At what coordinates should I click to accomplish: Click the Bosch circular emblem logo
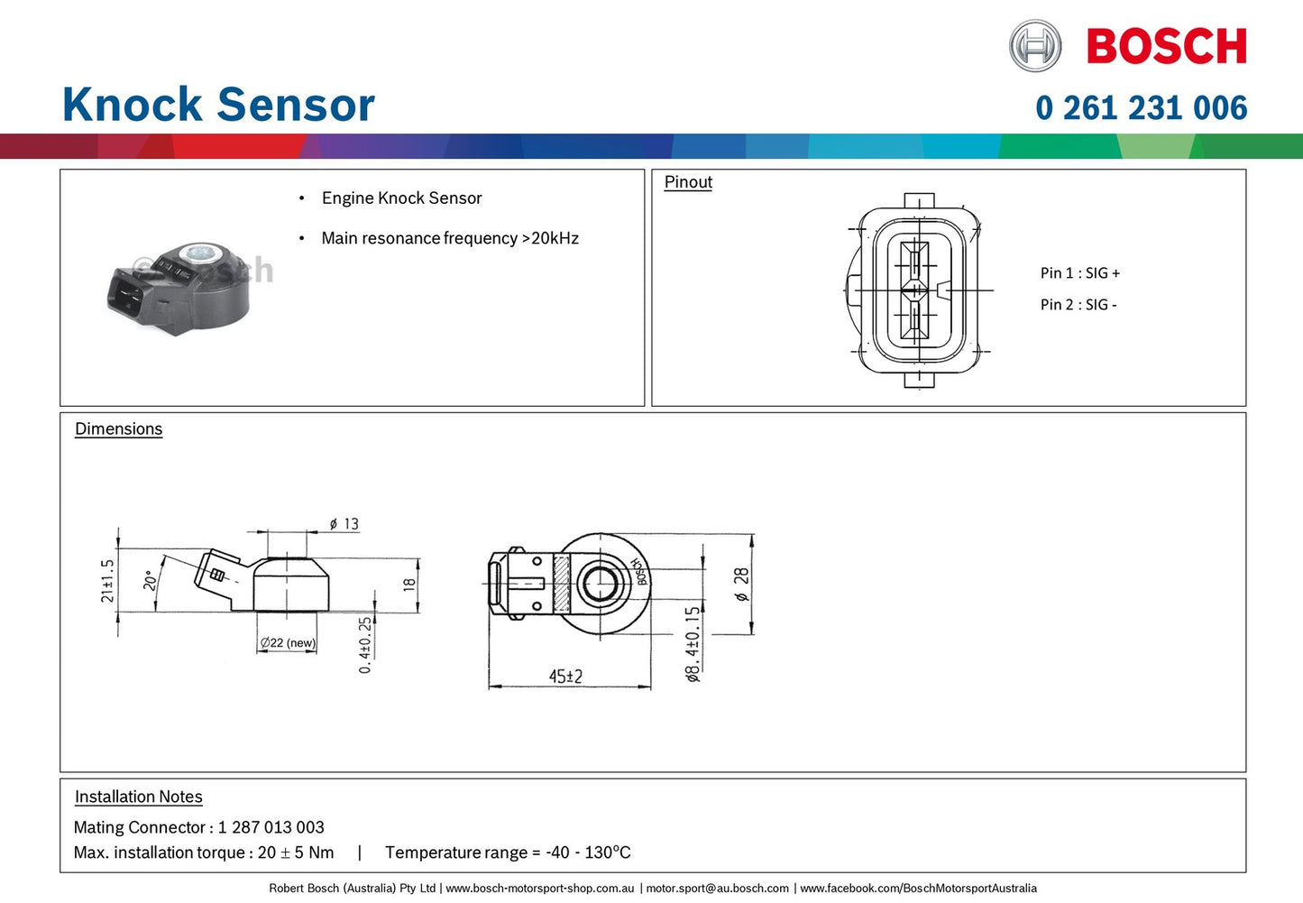[x=1035, y=46]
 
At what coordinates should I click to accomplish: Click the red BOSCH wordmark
[x=1166, y=47]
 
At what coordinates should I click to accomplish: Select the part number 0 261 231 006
[x=1141, y=108]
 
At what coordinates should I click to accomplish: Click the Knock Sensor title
[x=218, y=105]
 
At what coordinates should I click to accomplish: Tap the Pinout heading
[x=688, y=182]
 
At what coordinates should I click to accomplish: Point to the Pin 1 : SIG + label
[x=1079, y=273]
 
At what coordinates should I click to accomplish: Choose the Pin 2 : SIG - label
[x=1078, y=305]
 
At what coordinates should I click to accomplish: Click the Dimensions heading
[x=118, y=429]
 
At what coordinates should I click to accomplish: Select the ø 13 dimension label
[x=344, y=524]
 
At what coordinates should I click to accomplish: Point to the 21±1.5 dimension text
[x=108, y=581]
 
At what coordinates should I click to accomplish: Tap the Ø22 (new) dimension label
[x=288, y=643]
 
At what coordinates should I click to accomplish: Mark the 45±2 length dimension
[x=565, y=677]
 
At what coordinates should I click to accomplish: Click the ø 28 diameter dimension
[x=741, y=585]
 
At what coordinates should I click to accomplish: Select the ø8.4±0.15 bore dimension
[x=693, y=643]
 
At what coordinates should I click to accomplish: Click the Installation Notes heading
[x=138, y=797]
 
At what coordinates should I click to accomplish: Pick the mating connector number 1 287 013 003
[x=271, y=827]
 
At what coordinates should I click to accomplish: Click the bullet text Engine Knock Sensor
[x=401, y=198]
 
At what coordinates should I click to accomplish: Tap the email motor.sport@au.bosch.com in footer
[x=718, y=889]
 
